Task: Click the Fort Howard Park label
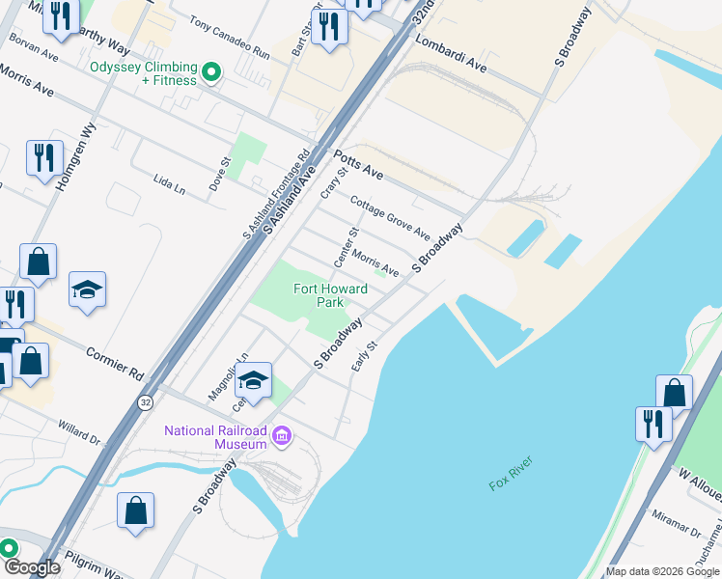(x=331, y=295)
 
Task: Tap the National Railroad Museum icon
(x=282, y=437)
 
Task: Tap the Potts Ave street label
(x=358, y=165)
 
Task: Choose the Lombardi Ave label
(x=450, y=55)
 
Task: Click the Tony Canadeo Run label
(x=229, y=37)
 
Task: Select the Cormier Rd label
(x=114, y=363)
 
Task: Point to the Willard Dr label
(x=79, y=430)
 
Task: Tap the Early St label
(x=363, y=356)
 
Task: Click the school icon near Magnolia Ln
(x=254, y=381)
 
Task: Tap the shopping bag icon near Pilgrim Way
(x=135, y=510)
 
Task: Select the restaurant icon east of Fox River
(x=653, y=424)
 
